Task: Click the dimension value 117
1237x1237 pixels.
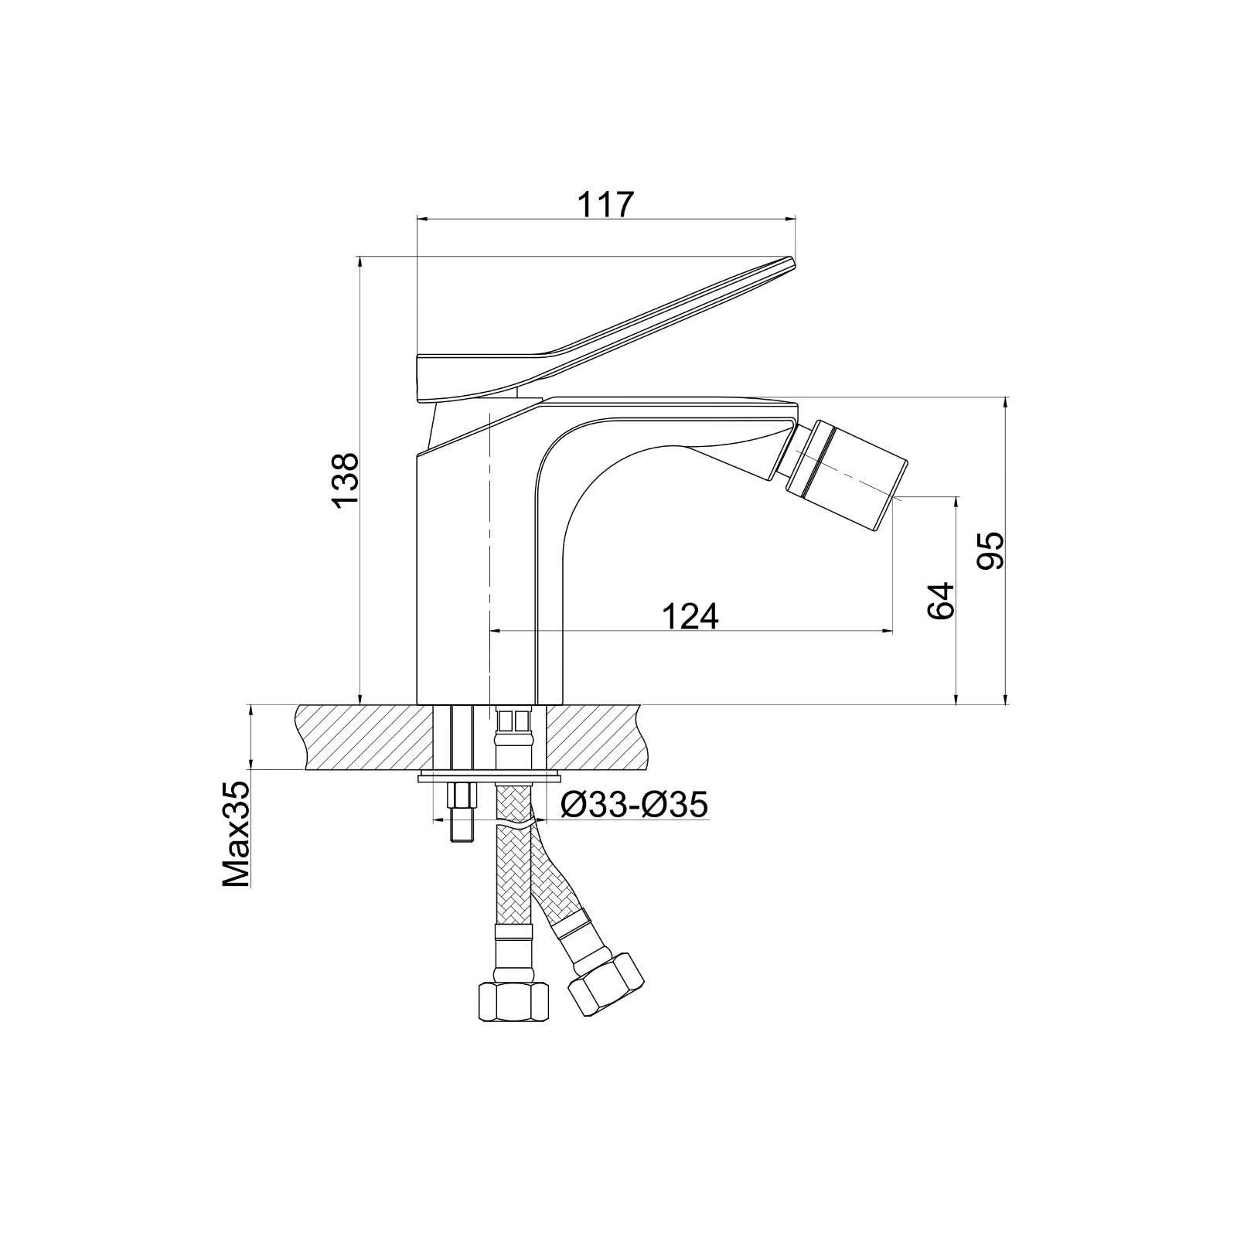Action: pos(605,205)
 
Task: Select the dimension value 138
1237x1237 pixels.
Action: pos(346,480)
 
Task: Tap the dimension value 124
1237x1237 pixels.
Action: pos(690,616)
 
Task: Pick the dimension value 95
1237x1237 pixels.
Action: pos(990,550)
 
